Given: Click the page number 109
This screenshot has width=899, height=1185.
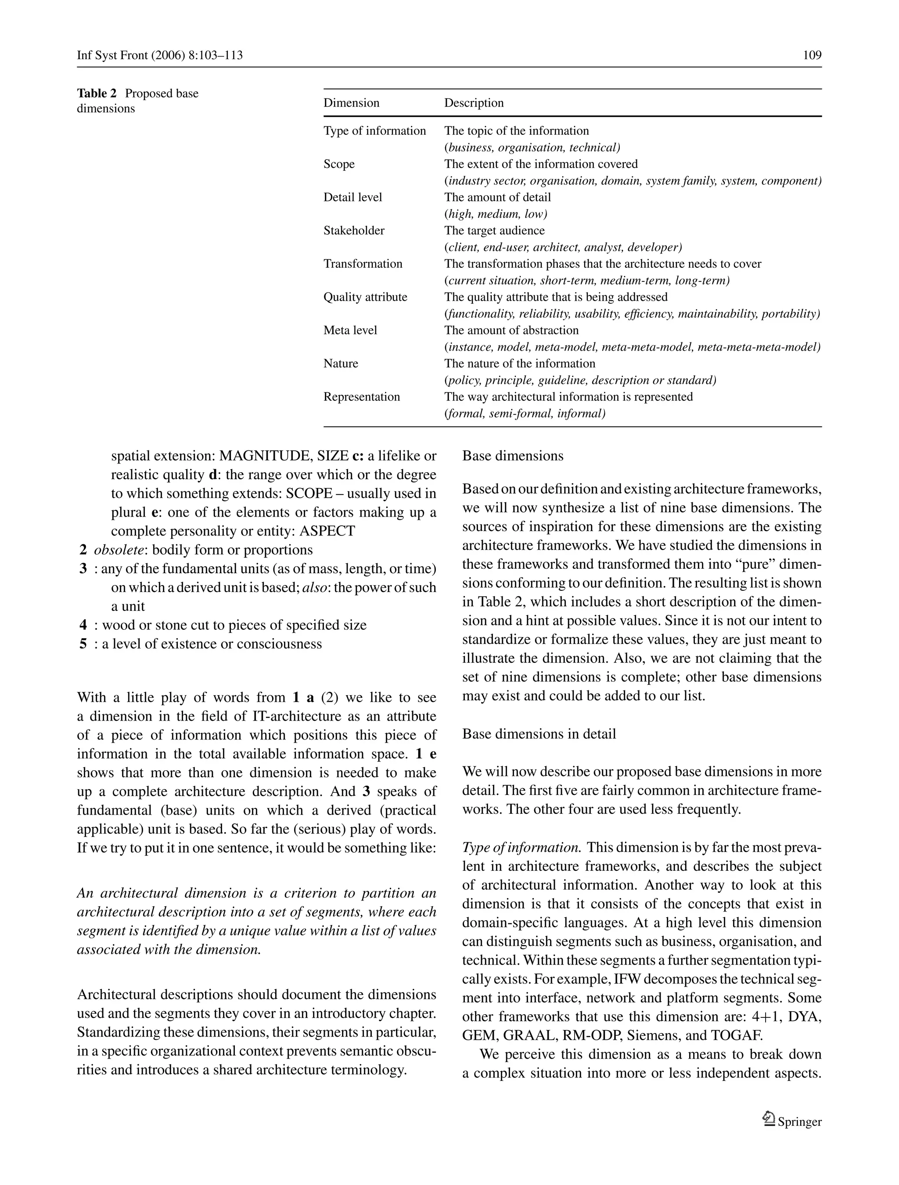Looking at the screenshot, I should (x=812, y=55).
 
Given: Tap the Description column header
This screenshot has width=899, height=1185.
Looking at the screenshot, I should (x=474, y=103).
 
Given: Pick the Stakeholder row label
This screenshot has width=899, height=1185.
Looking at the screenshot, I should (x=354, y=230).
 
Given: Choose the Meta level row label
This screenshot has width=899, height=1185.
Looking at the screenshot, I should (x=350, y=330).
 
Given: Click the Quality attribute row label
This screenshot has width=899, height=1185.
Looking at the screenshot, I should (x=365, y=297).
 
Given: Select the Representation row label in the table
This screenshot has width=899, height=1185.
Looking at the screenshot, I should (x=361, y=396).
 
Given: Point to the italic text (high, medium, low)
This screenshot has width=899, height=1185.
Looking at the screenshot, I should (x=496, y=214).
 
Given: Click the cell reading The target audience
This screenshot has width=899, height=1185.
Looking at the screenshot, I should (x=494, y=230).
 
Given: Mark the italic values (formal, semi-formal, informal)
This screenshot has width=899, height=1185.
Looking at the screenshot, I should (x=525, y=413).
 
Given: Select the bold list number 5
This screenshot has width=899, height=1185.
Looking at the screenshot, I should (x=83, y=644).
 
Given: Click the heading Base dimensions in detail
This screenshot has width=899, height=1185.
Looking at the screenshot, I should (x=539, y=734).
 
